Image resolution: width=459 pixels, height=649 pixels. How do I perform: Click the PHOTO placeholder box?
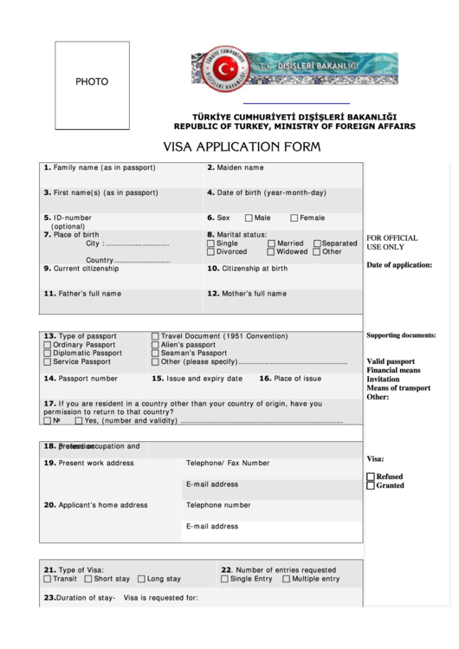tap(93, 81)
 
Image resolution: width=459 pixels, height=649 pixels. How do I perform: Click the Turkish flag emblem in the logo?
tap(229, 68)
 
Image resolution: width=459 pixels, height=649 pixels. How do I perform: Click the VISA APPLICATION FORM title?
tap(242, 146)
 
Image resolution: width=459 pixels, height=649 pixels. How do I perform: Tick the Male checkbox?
tap(249, 218)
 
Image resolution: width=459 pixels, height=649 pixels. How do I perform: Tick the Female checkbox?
tap(294, 218)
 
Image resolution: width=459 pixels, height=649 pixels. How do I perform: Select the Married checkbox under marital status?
tap(271, 243)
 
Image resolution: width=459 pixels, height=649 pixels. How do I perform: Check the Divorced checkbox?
tap(210, 252)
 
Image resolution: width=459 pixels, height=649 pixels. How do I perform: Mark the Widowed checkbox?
tap(271, 252)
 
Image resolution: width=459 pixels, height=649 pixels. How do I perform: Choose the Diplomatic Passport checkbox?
tap(47, 354)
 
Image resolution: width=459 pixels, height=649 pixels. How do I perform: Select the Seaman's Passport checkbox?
tap(155, 354)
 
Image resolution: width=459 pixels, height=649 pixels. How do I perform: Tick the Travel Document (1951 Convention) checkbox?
tap(155, 336)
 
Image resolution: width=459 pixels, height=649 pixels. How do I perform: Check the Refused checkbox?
tap(371, 477)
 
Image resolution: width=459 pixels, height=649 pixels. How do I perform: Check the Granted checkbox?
tap(371, 486)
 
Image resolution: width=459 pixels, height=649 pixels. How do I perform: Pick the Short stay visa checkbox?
tap(88, 579)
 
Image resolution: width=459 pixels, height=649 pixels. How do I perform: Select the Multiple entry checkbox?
tap(286, 579)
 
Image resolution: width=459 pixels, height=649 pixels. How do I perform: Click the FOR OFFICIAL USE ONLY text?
tap(392, 243)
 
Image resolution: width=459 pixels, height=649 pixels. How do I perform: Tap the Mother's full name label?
tap(247, 294)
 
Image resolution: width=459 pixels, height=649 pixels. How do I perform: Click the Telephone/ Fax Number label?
tap(228, 464)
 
